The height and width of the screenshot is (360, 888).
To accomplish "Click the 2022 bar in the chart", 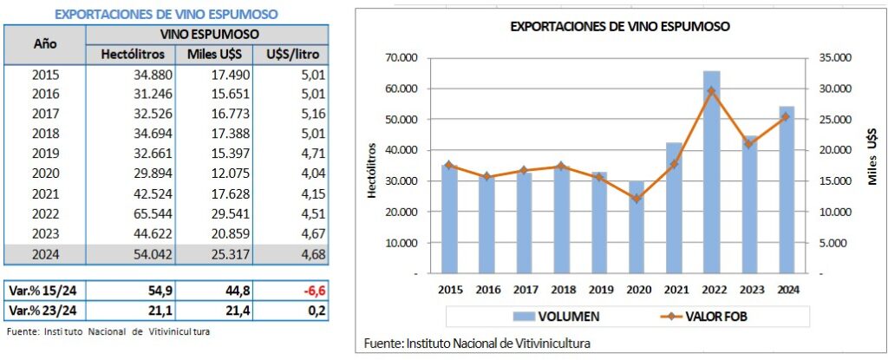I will [x=711, y=173].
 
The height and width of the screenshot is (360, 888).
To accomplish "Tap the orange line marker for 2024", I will [x=786, y=117].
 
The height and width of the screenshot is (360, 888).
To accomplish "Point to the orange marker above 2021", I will [x=674, y=164].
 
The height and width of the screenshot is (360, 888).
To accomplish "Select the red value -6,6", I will [x=313, y=290].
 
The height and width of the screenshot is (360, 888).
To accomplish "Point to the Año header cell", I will [x=45, y=43].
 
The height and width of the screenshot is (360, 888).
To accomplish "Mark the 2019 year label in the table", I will [x=45, y=154].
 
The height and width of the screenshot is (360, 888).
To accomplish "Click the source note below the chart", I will [x=478, y=343].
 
